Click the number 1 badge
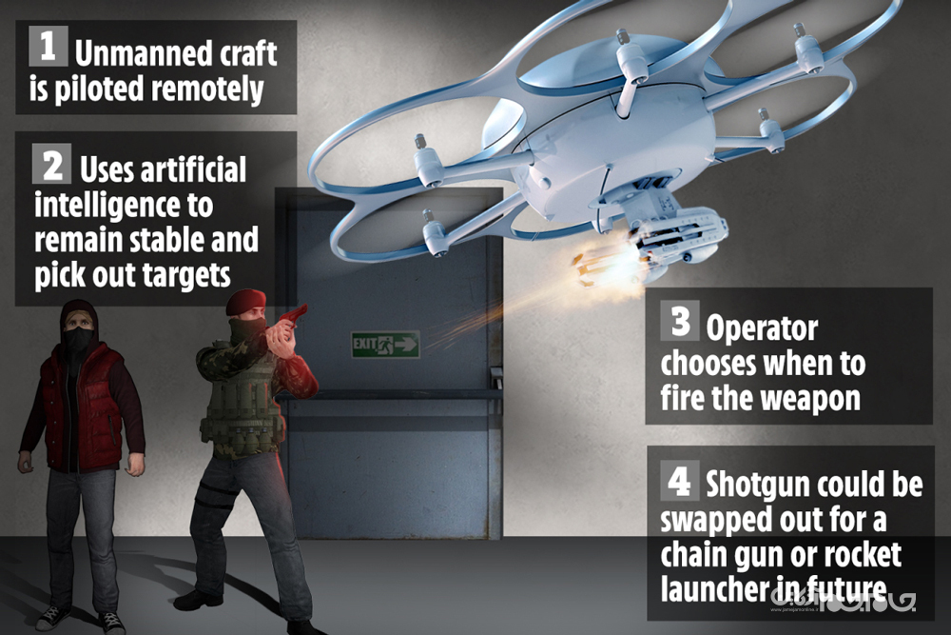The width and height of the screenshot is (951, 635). tap(49, 46)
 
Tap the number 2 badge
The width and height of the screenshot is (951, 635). tap(51, 164)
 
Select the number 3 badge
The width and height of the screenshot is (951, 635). tap(680, 320)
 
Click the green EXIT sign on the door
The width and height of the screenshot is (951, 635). tap(385, 345)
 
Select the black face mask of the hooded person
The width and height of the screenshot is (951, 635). tap(78, 341)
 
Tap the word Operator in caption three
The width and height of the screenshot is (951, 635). tap(762, 329)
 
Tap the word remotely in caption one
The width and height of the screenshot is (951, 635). tap(207, 89)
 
